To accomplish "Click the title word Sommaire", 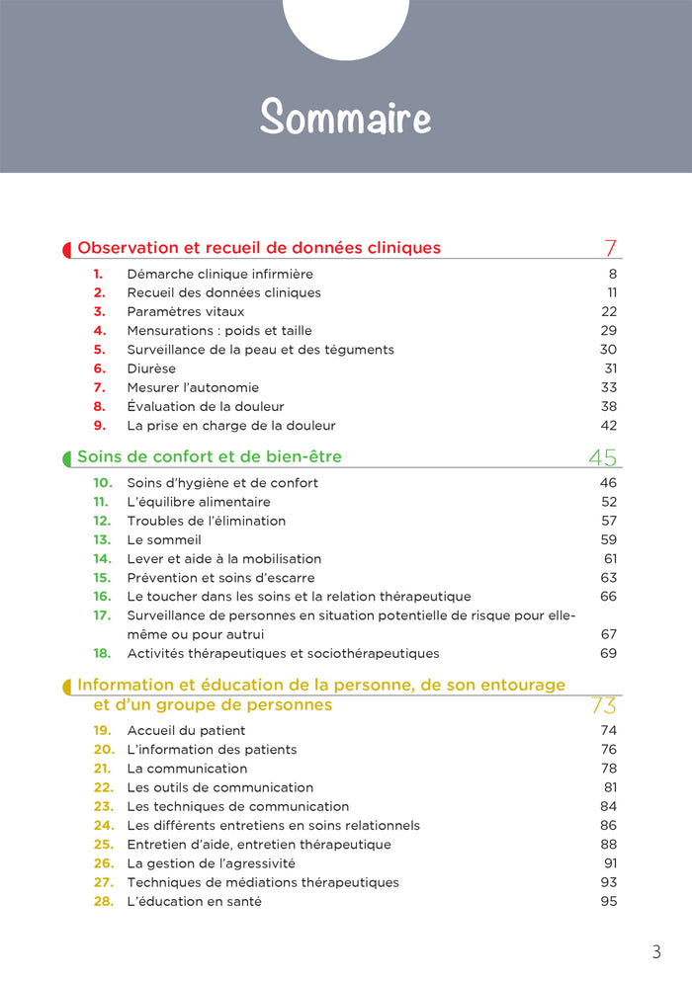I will pyautogui.click(x=346, y=118).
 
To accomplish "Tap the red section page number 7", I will pyautogui.click(x=610, y=247).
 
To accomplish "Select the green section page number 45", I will pyautogui.click(x=602, y=456).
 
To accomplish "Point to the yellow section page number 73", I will pyautogui.click(x=603, y=705).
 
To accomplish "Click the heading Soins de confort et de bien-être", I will pyautogui.click(x=210, y=456).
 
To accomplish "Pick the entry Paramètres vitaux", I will pyautogui.click(x=186, y=312).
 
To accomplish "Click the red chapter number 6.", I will pyautogui.click(x=100, y=368).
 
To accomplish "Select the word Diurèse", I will pyautogui.click(x=151, y=368).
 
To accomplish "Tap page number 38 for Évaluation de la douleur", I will pyautogui.click(x=608, y=406).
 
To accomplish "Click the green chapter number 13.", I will pyautogui.click(x=102, y=539).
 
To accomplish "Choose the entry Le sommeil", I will pyautogui.click(x=164, y=539).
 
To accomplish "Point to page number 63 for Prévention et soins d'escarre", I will pyautogui.click(x=608, y=577).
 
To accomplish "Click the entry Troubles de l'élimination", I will pyautogui.click(x=207, y=521).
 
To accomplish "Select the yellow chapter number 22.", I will pyautogui.click(x=104, y=787).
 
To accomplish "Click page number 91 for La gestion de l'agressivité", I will pyautogui.click(x=609, y=862).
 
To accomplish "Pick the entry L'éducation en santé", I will pyautogui.click(x=195, y=901).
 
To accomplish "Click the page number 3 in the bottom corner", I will pyautogui.click(x=656, y=952).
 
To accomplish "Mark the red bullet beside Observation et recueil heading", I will pyautogui.click(x=67, y=249).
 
